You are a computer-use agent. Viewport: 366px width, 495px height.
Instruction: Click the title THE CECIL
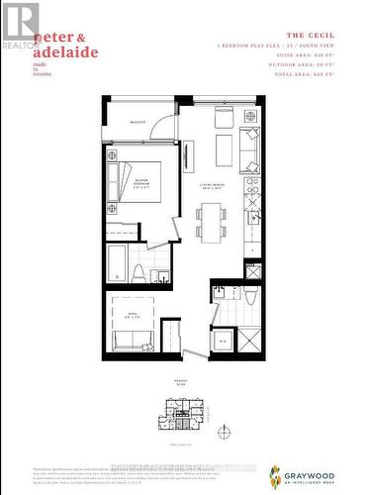(318, 36)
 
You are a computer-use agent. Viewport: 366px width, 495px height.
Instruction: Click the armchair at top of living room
(224, 117)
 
